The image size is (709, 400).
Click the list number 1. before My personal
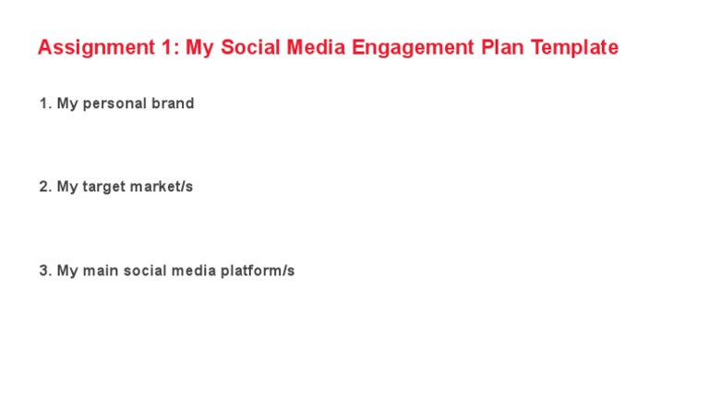point(45,103)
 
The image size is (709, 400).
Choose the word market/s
point(162,187)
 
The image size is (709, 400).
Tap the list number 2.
point(45,187)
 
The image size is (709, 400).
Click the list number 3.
point(45,271)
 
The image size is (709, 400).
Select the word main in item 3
point(101,271)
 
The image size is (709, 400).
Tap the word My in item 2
point(67,187)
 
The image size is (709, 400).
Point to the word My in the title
point(199,48)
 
